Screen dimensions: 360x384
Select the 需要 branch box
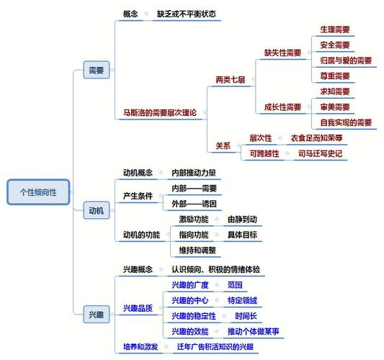pyautogui.click(x=95, y=71)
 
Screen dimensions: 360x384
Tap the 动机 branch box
pyautogui.click(x=95, y=210)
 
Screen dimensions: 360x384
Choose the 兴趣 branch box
pyautogui.click(x=95, y=314)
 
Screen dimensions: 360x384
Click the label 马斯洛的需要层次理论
pyautogui.click(x=156, y=112)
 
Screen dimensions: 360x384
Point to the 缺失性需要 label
pyautogui.click(x=282, y=53)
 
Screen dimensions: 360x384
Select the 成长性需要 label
pyautogui.click(x=282, y=107)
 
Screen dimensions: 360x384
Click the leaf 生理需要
pyautogui.click(x=335, y=30)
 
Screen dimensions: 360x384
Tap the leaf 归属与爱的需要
pyautogui.click(x=346, y=60)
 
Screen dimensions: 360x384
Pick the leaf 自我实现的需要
pyautogui.click(x=346, y=122)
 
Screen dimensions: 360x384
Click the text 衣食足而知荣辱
pyautogui.click(x=316, y=138)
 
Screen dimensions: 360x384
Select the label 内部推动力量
pyautogui.click(x=194, y=173)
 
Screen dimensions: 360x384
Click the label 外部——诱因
pyautogui.click(x=194, y=204)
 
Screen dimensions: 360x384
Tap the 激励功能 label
pyautogui.click(x=194, y=219)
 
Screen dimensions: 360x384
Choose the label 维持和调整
pyautogui.click(x=197, y=250)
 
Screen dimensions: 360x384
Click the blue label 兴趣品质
pyautogui.click(x=138, y=308)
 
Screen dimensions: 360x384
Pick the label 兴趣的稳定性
pyautogui.click(x=194, y=316)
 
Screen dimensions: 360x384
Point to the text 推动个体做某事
pyautogui.click(x=253, y=331)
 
